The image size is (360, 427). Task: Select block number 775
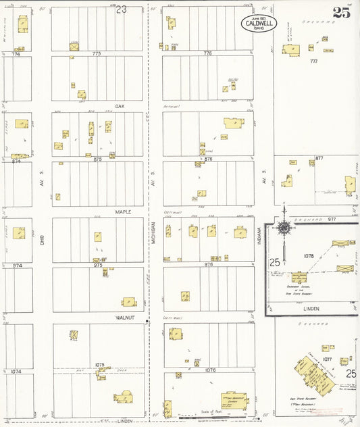(97, 53)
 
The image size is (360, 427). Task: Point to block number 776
(207, 53)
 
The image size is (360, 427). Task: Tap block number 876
(209, 159)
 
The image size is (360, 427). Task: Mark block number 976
(209, 265)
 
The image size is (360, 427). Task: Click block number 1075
(101, 365)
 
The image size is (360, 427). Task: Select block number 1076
(210, 370)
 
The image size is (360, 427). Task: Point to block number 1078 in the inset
(309, 255)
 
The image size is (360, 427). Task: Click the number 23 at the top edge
(121, 9)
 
